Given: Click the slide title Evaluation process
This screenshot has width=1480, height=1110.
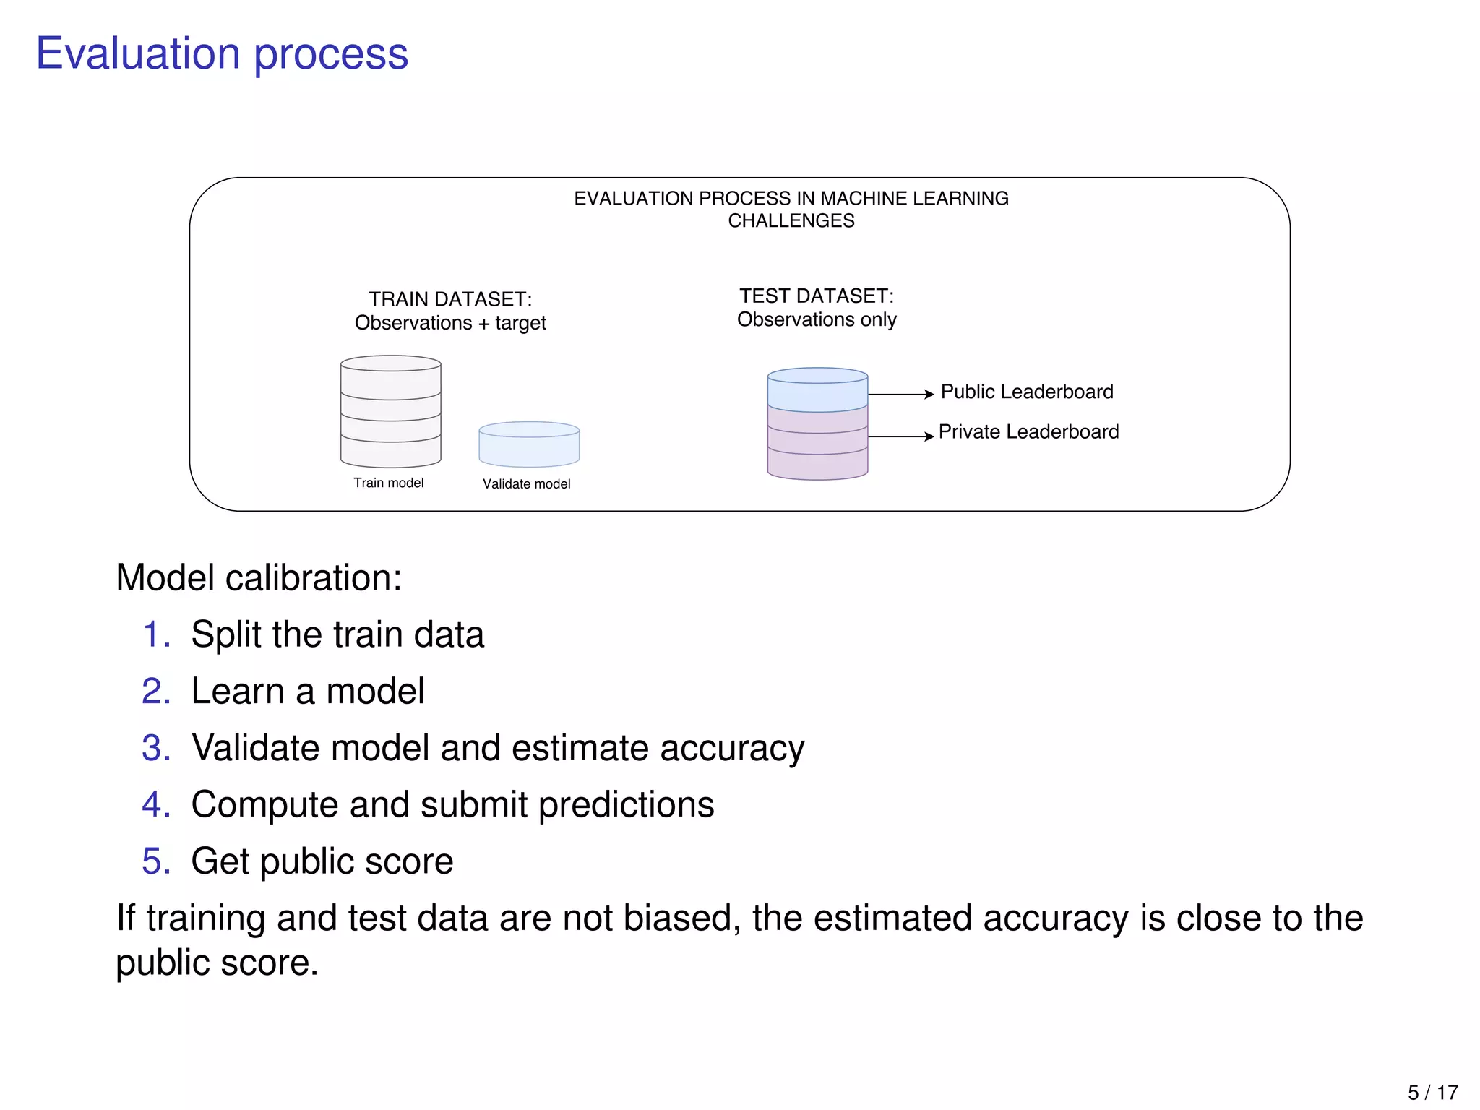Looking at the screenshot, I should (x=222, y=54).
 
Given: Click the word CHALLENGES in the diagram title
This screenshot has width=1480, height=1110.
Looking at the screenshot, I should (x=791, y=221).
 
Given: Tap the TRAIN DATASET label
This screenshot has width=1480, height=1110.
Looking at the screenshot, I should (x=450, y=299).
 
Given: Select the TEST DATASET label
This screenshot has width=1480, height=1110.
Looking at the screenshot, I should (x=817, y=296).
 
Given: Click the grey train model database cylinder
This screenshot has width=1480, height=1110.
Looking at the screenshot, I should (x=391, y=412).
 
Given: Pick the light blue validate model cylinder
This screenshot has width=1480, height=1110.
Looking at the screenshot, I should (x=529, y=445).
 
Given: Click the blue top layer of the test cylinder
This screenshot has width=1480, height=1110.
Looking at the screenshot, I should (x=817, y=391).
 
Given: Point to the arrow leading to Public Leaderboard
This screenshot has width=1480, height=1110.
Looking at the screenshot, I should (x=900, y=395).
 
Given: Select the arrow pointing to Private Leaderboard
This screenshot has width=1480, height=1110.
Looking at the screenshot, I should (x=900, y=436).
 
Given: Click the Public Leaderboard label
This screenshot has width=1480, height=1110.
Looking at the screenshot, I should (x=1026, y=392).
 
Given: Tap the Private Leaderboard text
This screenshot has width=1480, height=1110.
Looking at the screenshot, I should (x=1028, y=432).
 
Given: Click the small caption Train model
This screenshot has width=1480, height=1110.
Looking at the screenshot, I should (x=389, y=483).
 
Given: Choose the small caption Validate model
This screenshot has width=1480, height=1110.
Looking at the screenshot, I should (x=526, y=484).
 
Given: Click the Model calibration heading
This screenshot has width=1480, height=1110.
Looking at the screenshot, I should (x=259, y=578).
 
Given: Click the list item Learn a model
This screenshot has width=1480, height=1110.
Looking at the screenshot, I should (x=308, y=692).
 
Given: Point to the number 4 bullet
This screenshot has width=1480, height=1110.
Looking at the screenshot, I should (x=155, y=804).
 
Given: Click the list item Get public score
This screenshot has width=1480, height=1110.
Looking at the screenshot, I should (x=322, y=861).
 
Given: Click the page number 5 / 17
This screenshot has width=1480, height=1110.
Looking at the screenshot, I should (x=1432, y=1092).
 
